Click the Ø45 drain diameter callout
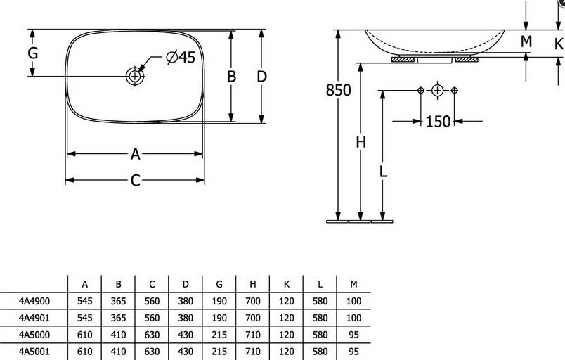point(181,57)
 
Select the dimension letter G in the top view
point(33,53)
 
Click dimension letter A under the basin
point(135,154)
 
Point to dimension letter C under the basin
point(135,181)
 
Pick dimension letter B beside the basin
point(231,77)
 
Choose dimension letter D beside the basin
point(261,77)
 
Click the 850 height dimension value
point(338,90)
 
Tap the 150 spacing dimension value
point(438,122)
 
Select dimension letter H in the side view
point(361,142)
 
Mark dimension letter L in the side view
point(383,172)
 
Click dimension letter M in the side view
point(526,41)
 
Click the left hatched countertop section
point(403,60)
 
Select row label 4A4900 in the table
point(34,301)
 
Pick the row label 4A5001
point(34,351)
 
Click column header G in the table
point(219,284)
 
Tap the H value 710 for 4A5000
point(252,335)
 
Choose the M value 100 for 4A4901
point(353,318)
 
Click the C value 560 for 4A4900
point(152,301)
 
